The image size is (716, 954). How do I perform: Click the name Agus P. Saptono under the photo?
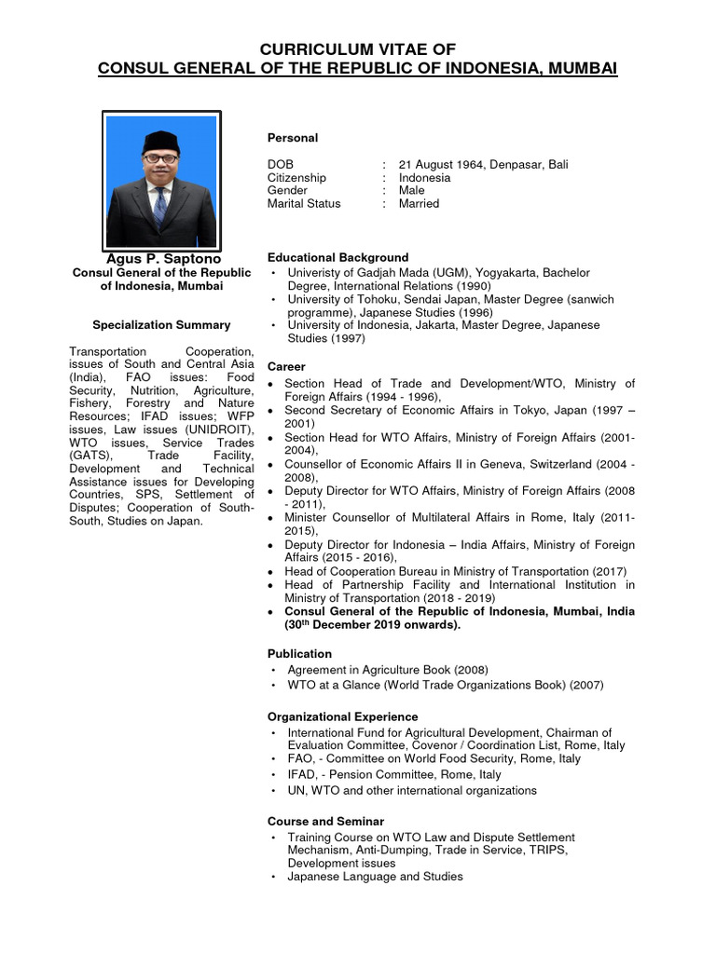click(x=162, y=257)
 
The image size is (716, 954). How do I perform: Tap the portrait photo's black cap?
click(x=160, y=142)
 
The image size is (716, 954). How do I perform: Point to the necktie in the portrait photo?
click(x=160, y=207)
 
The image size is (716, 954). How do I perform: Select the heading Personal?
click(x=293, y=138)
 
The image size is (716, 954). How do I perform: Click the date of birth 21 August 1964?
click(x=444, y=164)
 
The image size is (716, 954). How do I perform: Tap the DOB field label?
click(x=281, y=164)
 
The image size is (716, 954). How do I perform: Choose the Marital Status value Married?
click(x=419, y=203)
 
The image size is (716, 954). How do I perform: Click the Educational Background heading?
click(x=337, y=257)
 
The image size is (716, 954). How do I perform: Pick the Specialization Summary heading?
click(x=161, y=325)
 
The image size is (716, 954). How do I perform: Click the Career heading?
click(x=286, y=366)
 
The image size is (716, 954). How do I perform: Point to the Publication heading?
click(x=299, y=654)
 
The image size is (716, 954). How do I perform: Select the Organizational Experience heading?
click(x=342, y=716)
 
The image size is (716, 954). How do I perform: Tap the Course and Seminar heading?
click(x=325, y=821)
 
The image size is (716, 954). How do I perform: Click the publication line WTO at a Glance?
click(x=445, y=685)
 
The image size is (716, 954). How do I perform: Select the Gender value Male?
click(x=411, y=190)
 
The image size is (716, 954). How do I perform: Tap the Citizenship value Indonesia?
click(x=424, y=177)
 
